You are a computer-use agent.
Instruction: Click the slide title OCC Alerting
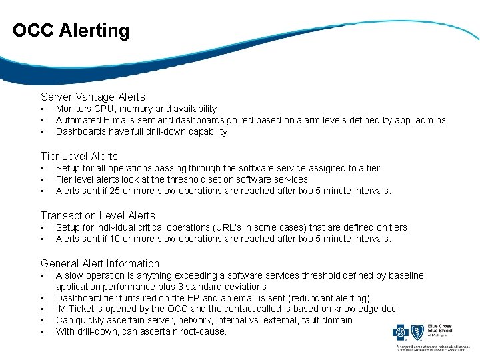(x=71, y=31)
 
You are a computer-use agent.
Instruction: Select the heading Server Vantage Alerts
(x=93, y=97)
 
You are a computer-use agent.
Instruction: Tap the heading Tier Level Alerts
(x=79, y=156)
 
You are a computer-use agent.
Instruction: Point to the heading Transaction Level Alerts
(x=97, y=215)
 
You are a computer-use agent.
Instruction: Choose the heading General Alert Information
(x=100, y=263)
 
